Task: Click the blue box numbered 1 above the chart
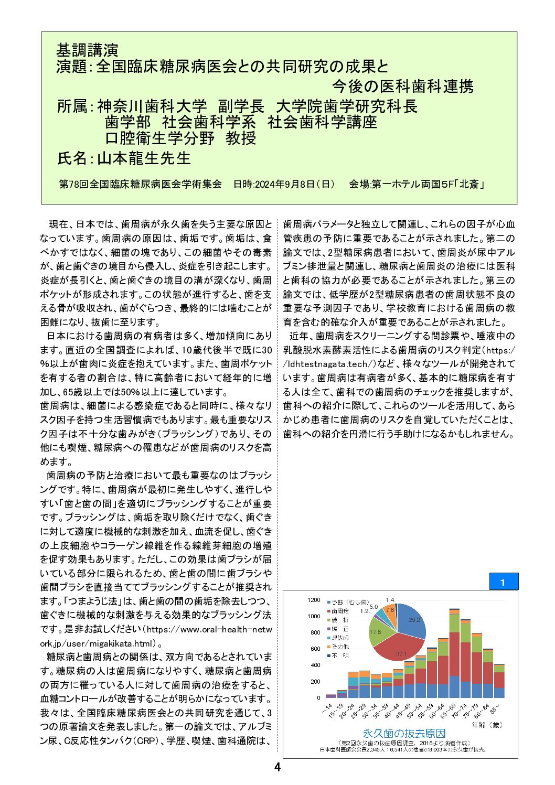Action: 504,582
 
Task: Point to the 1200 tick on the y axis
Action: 314,600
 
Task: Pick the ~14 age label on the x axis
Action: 327,708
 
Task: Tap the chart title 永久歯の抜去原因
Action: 404,733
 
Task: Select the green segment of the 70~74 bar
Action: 465,632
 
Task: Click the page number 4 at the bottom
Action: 277,767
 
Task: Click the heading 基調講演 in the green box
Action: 87,50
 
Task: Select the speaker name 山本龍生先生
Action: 144,158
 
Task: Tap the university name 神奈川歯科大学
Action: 152,106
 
